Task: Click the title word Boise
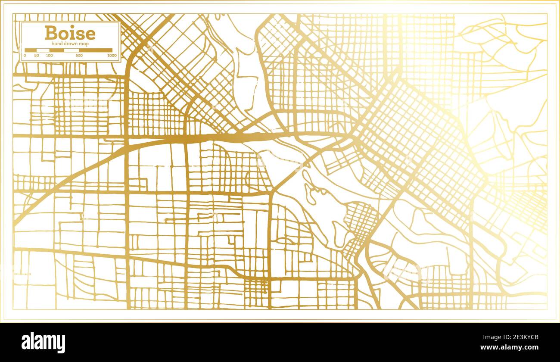pyautogui.click(x=70, y=33)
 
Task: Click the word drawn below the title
pyautogui.click(x=70, y=44)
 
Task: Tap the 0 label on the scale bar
pyautogui.click(x=25, y=56)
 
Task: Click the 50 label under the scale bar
pyautogui.click(x=37, y=56)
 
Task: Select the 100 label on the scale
pyautogui.click(x=49, y=56)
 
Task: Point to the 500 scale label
pyautogui.click(x=79, y=56)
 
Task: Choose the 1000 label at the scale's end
pyautogui.click(x=112, y=56)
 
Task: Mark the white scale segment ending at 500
pyautogui.click(x=72, y=50)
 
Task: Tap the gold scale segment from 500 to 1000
pyautogui.click(x=96, y=50)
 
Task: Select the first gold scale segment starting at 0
pyautogui.click(x=31, y=50)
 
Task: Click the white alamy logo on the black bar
pyautogui.click(x=43, y=343)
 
